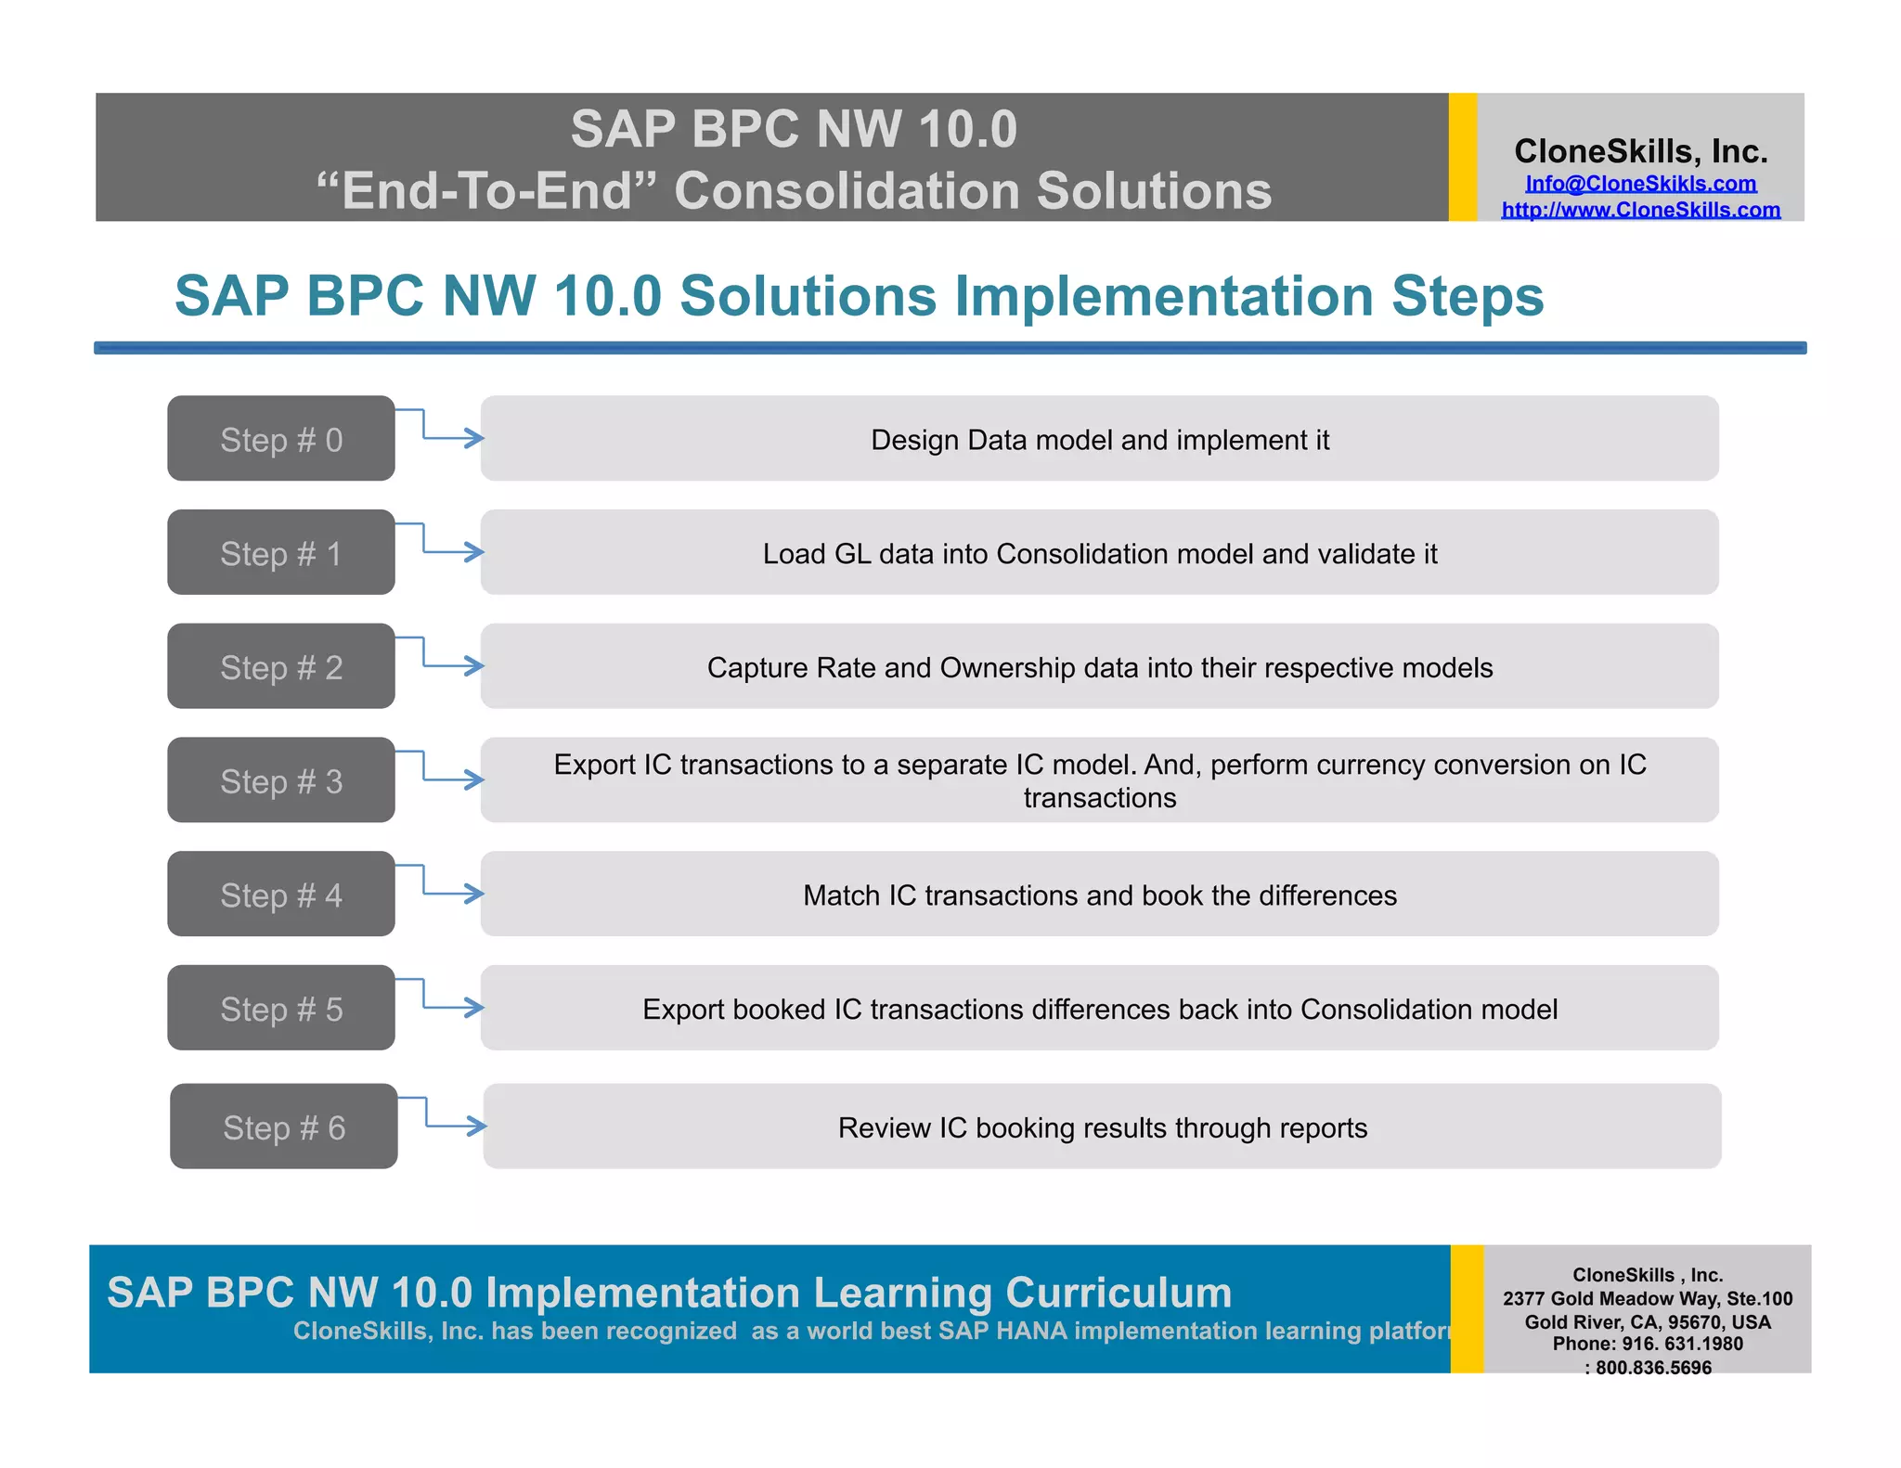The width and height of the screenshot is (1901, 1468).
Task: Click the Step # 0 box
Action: coord(280,439)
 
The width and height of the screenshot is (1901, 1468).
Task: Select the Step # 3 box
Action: coord(280,780)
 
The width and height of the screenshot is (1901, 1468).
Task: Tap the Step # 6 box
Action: coord(283,1127)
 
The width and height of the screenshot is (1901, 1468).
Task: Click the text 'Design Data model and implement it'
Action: coord(1099,440)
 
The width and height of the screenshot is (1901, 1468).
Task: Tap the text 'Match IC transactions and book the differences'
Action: coord(1099,895)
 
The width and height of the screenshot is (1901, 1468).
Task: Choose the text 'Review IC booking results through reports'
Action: coord(1102,1127)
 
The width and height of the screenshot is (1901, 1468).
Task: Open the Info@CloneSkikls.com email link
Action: coord(1640,184)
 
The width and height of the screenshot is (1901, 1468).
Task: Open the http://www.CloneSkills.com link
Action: coord(1640,210)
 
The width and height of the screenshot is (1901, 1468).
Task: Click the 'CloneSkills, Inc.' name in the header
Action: coord(1640,151)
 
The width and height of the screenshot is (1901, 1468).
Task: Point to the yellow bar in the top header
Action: coord(1462,157)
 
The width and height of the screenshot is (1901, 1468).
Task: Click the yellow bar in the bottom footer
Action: coord(1466,1308)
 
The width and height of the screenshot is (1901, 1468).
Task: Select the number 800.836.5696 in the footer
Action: coord(1653,1368)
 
